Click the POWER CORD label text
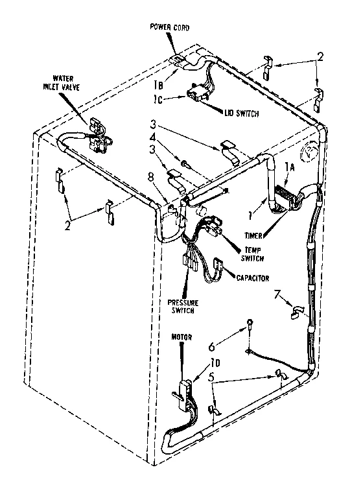[x=170, y=27]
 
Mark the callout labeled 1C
[x=159, y=99]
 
